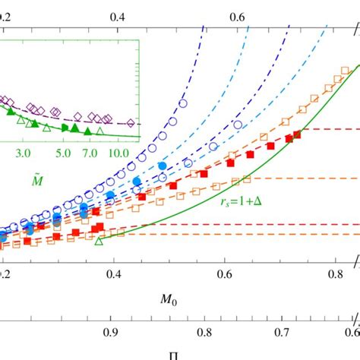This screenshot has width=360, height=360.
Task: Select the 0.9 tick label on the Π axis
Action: [x=111, y=331]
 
